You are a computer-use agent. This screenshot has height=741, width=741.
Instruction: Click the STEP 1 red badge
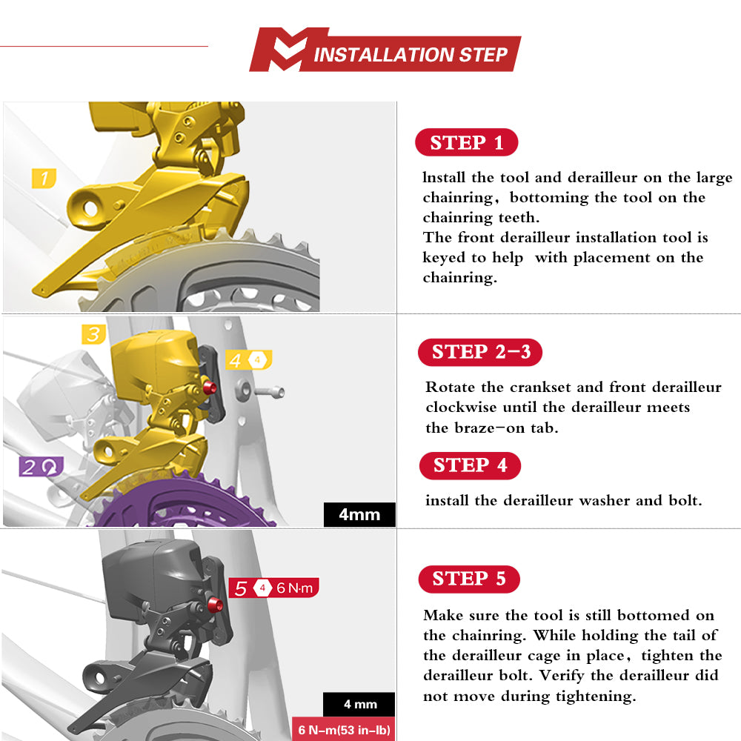[x=466, y=142]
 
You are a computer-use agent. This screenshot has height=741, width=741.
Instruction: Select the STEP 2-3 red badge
[x=480, y=352]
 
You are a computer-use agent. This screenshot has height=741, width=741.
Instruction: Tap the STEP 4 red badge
[x=471, y=465]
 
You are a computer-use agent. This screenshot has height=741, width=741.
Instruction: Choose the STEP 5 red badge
[x=469, y=579]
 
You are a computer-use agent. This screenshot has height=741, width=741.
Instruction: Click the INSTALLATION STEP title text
[x=411, y=55]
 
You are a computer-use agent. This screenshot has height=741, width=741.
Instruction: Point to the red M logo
[x=289, y=50]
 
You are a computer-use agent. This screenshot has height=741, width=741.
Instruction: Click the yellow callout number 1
[x=44, y=178]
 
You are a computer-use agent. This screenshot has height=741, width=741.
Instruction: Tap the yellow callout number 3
[x=93, y=334]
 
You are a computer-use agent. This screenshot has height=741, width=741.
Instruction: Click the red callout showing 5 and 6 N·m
[x=274, y=588]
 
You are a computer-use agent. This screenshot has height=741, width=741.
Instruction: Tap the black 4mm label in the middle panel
[x=359, y=514]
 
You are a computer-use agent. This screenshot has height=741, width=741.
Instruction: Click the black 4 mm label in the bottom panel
[x=359, y=704]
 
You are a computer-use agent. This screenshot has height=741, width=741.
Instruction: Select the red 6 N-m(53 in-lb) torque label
[x=344, y=729]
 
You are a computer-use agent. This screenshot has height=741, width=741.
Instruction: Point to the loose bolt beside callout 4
[x=270, y=392]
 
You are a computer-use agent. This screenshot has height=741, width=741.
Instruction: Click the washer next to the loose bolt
[x=243, y=391]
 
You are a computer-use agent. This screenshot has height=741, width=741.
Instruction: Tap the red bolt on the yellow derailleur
[x=210, y=388]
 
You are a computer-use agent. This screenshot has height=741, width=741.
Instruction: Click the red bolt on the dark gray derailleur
[x=215, y=604]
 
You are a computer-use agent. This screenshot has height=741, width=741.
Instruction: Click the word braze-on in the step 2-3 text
[x=489, y=428]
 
